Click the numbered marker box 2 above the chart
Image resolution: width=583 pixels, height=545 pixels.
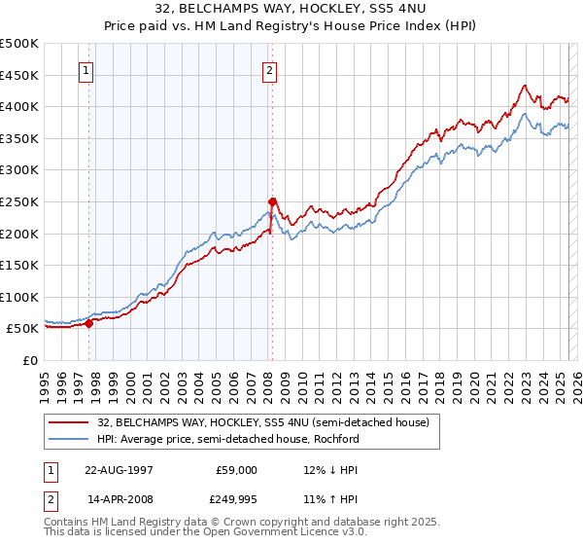click(x=269, y=70)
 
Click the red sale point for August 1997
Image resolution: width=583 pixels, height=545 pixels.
click(x=89, y=324)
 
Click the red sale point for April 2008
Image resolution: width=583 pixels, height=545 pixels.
click(x=273, y=201)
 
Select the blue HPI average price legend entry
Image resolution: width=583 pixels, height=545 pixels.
click(x=227, y=439)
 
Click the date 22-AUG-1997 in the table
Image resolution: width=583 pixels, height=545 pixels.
click(x=119, y=469)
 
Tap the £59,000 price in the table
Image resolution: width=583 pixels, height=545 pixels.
click(x=236, y=469)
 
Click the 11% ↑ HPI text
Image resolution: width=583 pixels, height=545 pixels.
click(x=330, y=501)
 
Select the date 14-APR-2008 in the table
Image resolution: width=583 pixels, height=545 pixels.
click(x=119, y=501)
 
